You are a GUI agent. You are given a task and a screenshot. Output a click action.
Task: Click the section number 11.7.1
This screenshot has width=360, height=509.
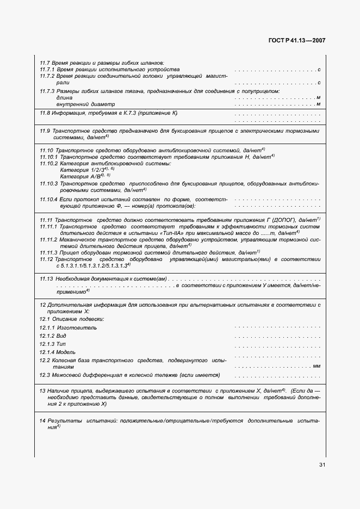(49, 70)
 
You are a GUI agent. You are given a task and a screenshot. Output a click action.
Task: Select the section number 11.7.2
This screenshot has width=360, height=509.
(49, 77)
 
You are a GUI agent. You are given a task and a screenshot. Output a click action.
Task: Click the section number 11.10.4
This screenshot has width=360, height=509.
(51, 200)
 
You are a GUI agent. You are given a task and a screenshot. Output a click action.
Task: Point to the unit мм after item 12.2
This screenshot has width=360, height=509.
(316, 367)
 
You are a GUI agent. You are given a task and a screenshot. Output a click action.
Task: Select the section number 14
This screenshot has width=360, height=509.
(42, 421)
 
